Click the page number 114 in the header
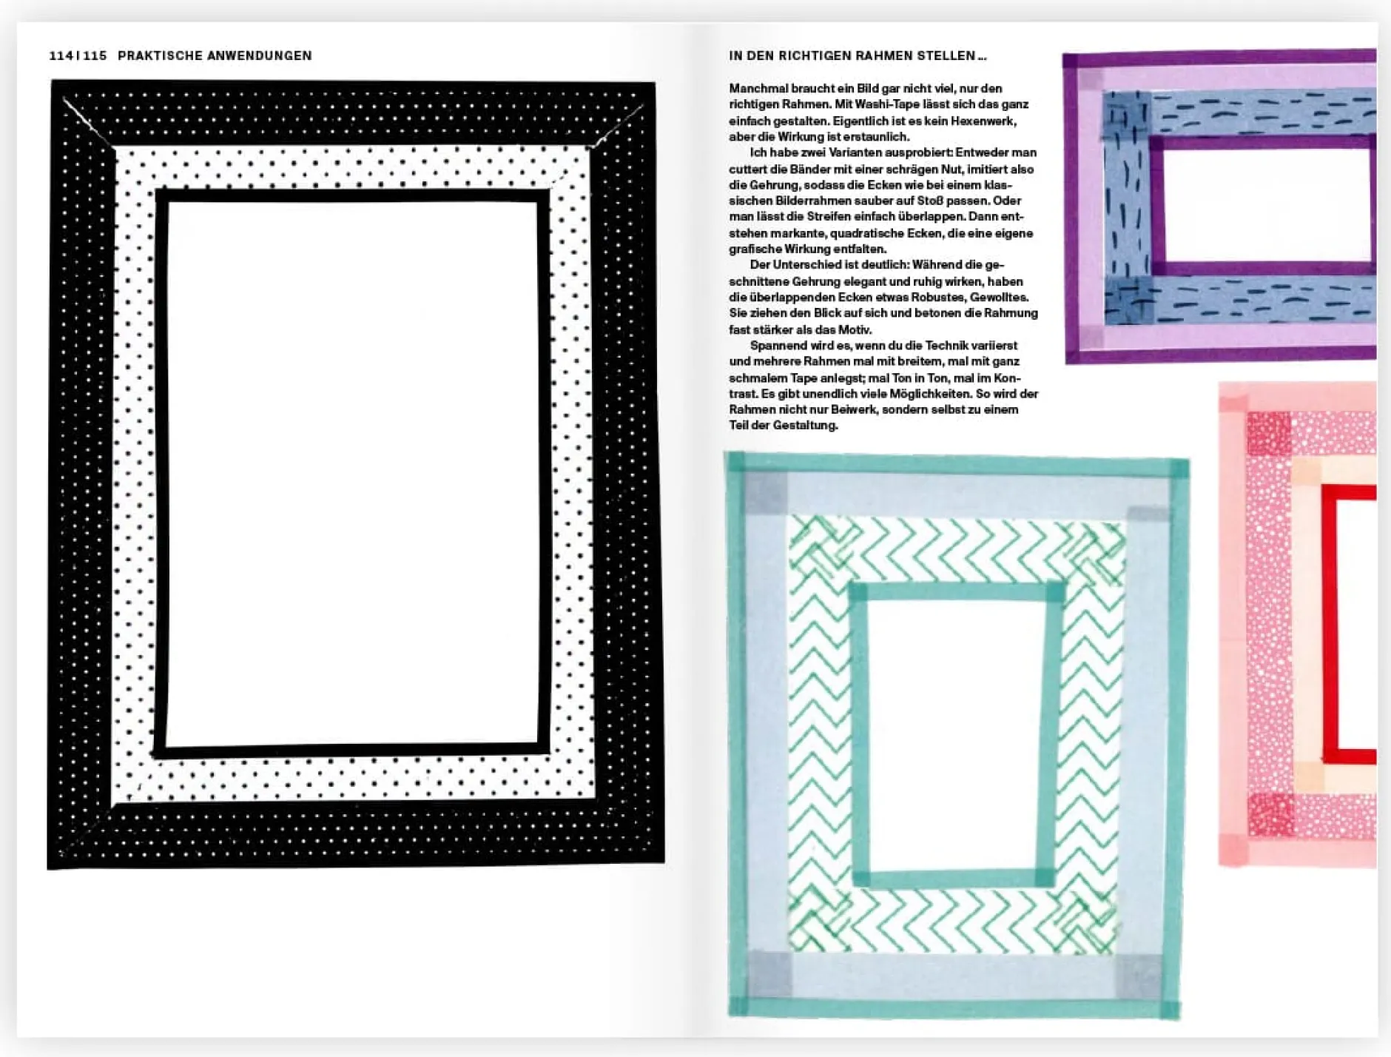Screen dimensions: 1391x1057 click(x=61, y=56)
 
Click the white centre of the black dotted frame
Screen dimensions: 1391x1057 click(x=352, y=472)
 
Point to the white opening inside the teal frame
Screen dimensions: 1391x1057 click(x=954, y=733)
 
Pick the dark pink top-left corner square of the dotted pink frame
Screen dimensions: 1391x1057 click(x=1268, y=433)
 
